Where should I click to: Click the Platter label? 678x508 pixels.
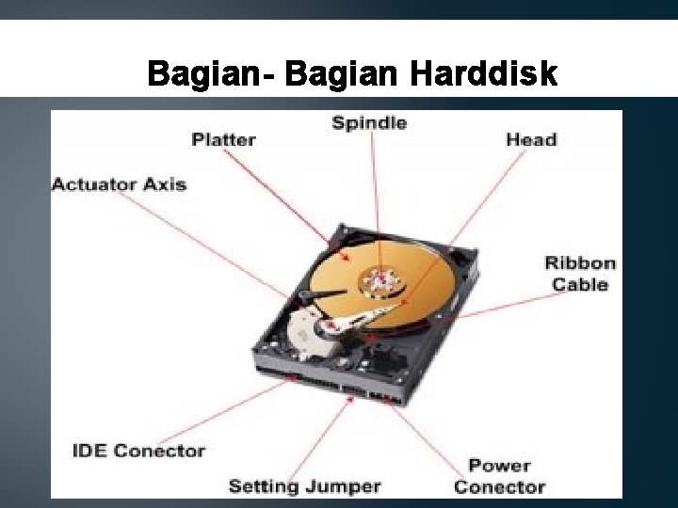[x=223, y=139]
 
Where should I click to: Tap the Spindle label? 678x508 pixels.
[x=369, y=122]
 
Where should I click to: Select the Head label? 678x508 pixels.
[x=531, y=139]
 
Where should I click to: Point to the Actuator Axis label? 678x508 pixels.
[x=119, y=183]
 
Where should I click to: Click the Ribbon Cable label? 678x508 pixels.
[x=580, y=273]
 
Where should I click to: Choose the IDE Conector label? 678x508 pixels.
[x=138, y=451]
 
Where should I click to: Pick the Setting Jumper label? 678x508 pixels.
[x=304, y=486]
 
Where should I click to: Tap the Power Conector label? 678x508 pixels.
[x=499, y=476]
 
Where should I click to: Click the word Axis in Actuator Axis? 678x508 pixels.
[x=164, y=183]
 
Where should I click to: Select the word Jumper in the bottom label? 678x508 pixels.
[x=344, y=486]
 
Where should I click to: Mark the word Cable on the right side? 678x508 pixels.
[x=580, y=284]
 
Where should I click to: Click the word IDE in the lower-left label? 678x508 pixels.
[x=89, y=451]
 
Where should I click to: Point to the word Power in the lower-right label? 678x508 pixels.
[x=499, y=465]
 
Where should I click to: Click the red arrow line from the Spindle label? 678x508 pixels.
[x=373, y=198]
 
